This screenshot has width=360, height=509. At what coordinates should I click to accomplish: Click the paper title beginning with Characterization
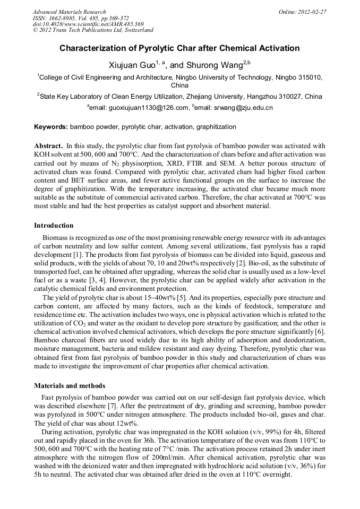point(179,48)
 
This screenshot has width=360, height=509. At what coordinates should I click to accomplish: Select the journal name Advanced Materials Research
point(69,11)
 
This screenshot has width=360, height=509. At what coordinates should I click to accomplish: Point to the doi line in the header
point(88,24)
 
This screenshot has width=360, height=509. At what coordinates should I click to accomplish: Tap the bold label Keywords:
point(51,127)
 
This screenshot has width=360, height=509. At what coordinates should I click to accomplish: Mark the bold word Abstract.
point(49,145)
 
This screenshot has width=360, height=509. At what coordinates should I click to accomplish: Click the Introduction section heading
point(54,226)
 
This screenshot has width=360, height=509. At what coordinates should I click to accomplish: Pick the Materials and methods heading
point(70,386)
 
